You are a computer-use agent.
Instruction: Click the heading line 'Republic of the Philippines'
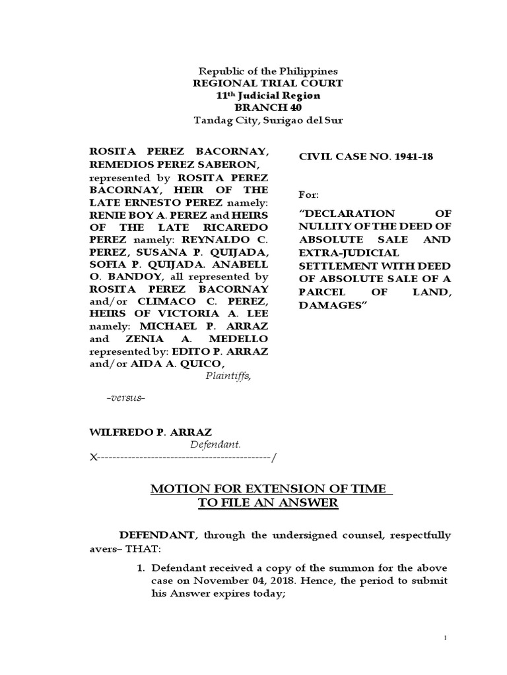click(x=268, y=71)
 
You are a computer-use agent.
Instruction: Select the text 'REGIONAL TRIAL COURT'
click(x=267, y=83)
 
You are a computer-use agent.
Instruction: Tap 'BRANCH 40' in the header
click(x=267, y=108)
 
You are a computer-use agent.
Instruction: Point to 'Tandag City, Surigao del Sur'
click(x=267, y=120)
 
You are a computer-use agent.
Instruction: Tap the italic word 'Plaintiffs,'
click(x=228, y=376)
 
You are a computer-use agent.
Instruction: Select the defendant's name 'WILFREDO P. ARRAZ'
click(x=151, y=432)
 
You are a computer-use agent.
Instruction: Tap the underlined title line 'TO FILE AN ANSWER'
click(x=268, y=503)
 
